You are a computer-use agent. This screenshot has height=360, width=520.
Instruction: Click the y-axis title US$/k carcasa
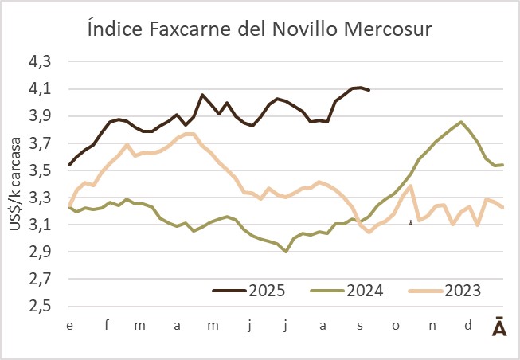click(x=16, y=185)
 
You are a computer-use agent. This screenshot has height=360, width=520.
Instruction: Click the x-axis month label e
click(x=70, y=326)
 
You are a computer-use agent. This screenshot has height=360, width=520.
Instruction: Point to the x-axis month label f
click(x=106, y=326)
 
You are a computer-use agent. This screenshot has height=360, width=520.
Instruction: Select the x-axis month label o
click(x=396, y=326)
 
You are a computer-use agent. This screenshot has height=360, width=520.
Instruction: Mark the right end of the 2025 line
click(x=369, y=90)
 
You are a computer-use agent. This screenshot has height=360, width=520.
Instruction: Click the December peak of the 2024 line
click(x=462, y=122)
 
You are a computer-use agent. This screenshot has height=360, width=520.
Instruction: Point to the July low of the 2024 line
click(x=286, y=252)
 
